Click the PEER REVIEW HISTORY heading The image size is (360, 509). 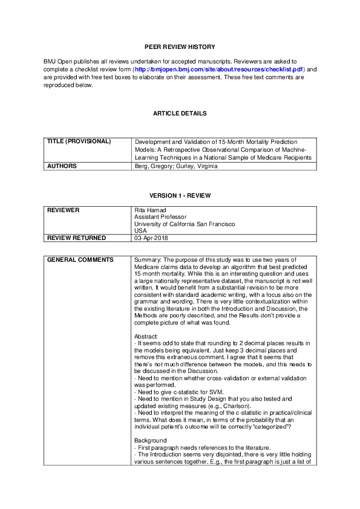(x=180, y=47)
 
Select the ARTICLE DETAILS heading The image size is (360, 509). (x=180, y=113)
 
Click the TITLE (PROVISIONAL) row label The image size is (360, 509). (x=79, y=141)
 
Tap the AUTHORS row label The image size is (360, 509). (x=62, y=166)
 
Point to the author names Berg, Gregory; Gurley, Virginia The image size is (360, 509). (x=175, y=166)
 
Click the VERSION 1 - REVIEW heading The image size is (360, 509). (x=180, y=195)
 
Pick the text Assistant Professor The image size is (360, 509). (x=160, y=216)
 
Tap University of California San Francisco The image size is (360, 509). (x=185, y=224)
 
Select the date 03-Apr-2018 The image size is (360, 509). (x=151, y=238)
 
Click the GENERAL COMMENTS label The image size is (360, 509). (x=79, y=260)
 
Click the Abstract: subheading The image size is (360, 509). (x=146, y=336)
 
